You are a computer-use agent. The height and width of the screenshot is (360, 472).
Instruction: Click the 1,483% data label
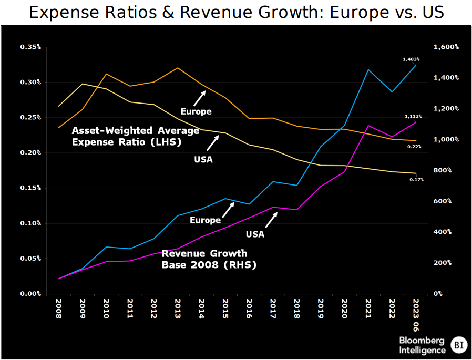click(411, 59)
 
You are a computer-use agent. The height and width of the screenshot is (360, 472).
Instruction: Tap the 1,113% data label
click(413, 116)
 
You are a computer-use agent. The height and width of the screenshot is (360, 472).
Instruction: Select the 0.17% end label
click(416, 180)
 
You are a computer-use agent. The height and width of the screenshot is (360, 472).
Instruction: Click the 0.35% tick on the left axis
click(30, 47)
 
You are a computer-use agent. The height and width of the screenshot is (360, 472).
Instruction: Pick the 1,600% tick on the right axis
click(446, 47)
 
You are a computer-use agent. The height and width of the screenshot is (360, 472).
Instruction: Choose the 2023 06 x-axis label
click(416, 315)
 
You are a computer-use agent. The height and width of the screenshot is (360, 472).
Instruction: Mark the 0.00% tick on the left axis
click(30, 293)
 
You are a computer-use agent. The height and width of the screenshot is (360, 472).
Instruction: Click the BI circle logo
click(459, 344)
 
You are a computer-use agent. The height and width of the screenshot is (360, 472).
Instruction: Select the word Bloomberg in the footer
click(422, 340)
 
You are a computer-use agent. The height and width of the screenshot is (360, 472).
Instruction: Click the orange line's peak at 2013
click(178, 68)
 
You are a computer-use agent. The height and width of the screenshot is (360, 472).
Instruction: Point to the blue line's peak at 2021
click(368, 69)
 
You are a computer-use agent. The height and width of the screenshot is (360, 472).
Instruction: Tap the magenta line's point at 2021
click(368, 126)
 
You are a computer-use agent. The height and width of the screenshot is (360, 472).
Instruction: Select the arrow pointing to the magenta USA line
click(271, 220)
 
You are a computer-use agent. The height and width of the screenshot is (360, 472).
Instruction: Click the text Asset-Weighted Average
click(136, 130)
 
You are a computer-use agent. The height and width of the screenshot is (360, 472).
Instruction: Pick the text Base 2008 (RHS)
click(209, 265)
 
